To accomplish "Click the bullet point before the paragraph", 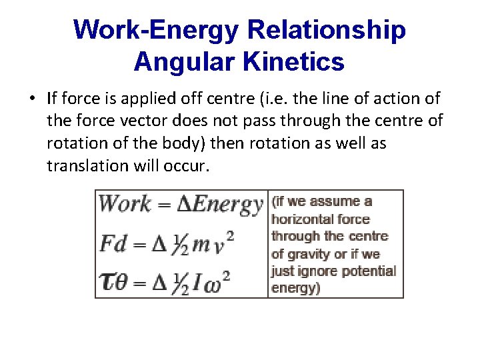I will point(32,99).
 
